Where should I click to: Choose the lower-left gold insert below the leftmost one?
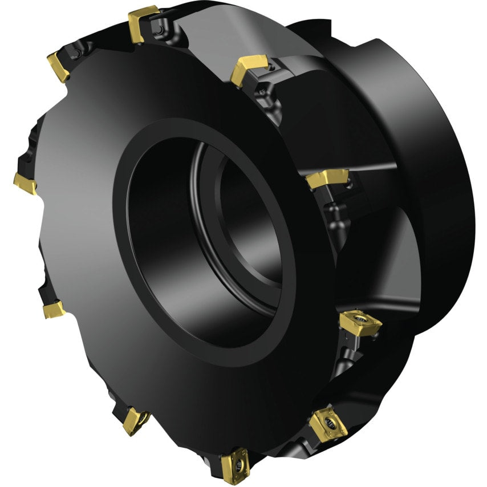pyautogui.click(x=54, y=310)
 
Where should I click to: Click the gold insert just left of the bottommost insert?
pyautogui.click(x=136, y=420)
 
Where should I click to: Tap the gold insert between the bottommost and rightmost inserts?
pyautogui.click(x=328, y=425)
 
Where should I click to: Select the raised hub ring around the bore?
pyautogui.click(x=171, y=319)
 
